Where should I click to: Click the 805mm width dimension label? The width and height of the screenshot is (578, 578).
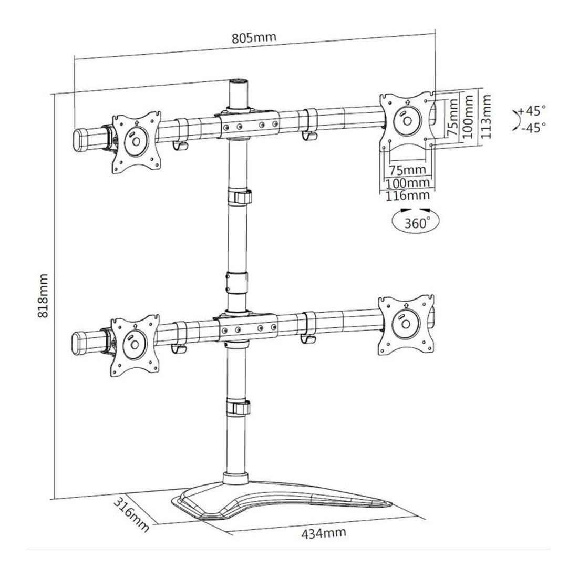pyautogui.click(x=254, y=38)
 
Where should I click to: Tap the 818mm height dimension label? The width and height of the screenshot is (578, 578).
pyautogui.click(x=43, y=296)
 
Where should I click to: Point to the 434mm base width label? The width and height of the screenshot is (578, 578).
pyautogui.click(x=324, y=533)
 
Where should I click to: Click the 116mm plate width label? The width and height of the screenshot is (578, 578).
pyautogui.click(x=407, y=195)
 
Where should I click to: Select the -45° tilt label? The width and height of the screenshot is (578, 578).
pyautogui.click(x=533, y=128)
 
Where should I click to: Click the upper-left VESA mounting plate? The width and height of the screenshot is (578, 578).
pyautogui.click(x=137, y=141)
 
